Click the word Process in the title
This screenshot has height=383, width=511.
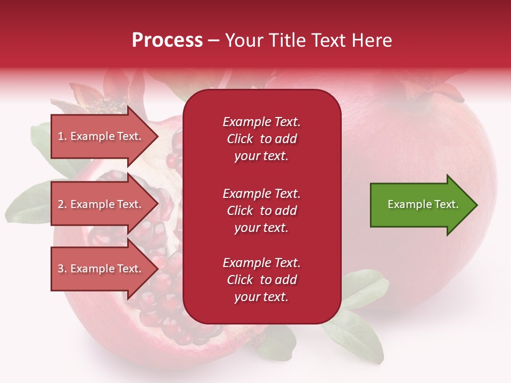167,40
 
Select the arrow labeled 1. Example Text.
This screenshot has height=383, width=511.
101,136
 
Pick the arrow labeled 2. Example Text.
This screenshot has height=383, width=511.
101,204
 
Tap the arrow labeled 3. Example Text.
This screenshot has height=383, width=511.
101,269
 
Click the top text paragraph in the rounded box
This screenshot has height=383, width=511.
261,139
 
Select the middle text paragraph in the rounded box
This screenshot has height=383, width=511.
261,211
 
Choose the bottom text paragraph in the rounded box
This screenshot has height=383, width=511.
261,280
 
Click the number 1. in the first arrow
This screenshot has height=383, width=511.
62,136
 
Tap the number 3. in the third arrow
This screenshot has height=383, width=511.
62,269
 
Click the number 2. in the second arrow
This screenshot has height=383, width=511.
62,204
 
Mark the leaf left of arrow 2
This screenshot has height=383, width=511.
29,202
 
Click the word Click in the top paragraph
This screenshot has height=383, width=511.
240,139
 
